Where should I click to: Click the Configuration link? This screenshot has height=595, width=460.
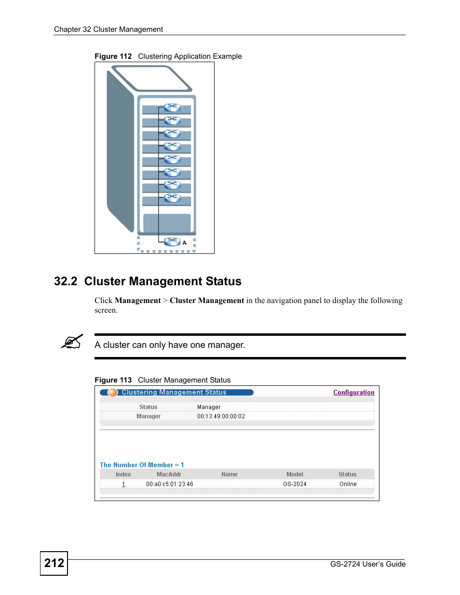pyautogui.click(x=353, y=393)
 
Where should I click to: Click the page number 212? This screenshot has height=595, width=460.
pyautogui.click(x=54, y=563)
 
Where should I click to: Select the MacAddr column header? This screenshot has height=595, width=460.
pyautogui.click(x=169, y=475)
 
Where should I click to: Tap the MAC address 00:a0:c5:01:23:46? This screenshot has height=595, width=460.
pyautogui.click(x=170, y=484)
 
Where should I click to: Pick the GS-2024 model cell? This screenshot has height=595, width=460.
pyautogui.click(x=295, y=484)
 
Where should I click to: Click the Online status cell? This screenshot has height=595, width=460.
pyautogui.click(x=348, y=484)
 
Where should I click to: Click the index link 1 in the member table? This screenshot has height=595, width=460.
pyautogui.click(x=123, y=484)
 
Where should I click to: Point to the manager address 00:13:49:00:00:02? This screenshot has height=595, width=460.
pyautogui.click(x=221, y=417)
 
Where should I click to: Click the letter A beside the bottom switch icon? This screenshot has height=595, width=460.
pyautogui.click(x=184, y=243)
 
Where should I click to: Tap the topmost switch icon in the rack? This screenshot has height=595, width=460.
pyautogui.click(x=172, y=107)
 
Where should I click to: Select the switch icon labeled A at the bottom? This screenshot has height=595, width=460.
pyautogui.click(x=172, y=241)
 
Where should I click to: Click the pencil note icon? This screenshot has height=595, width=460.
pyautogui.click(x=72, y=342)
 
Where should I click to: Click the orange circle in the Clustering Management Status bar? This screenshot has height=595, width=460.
pyautogui.click(x=113, y=393)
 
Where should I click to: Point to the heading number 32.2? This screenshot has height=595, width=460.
pyautogui.click(x=66, y=281)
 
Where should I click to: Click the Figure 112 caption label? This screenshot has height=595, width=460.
pyautogui.click(x=113, y=56)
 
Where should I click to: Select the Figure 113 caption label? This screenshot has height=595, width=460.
pyautogui.click(x=113, y=380)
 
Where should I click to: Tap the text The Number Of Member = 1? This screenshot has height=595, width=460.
pyautogui.click(x=142, y=465)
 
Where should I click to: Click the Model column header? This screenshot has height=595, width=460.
pyautogui.click(x=295, y=475)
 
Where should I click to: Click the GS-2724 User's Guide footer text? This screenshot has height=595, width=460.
pyautogui.click(x=367, y=564)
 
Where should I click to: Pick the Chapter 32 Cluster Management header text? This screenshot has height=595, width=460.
pyautogui.click(x=108, y=29)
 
